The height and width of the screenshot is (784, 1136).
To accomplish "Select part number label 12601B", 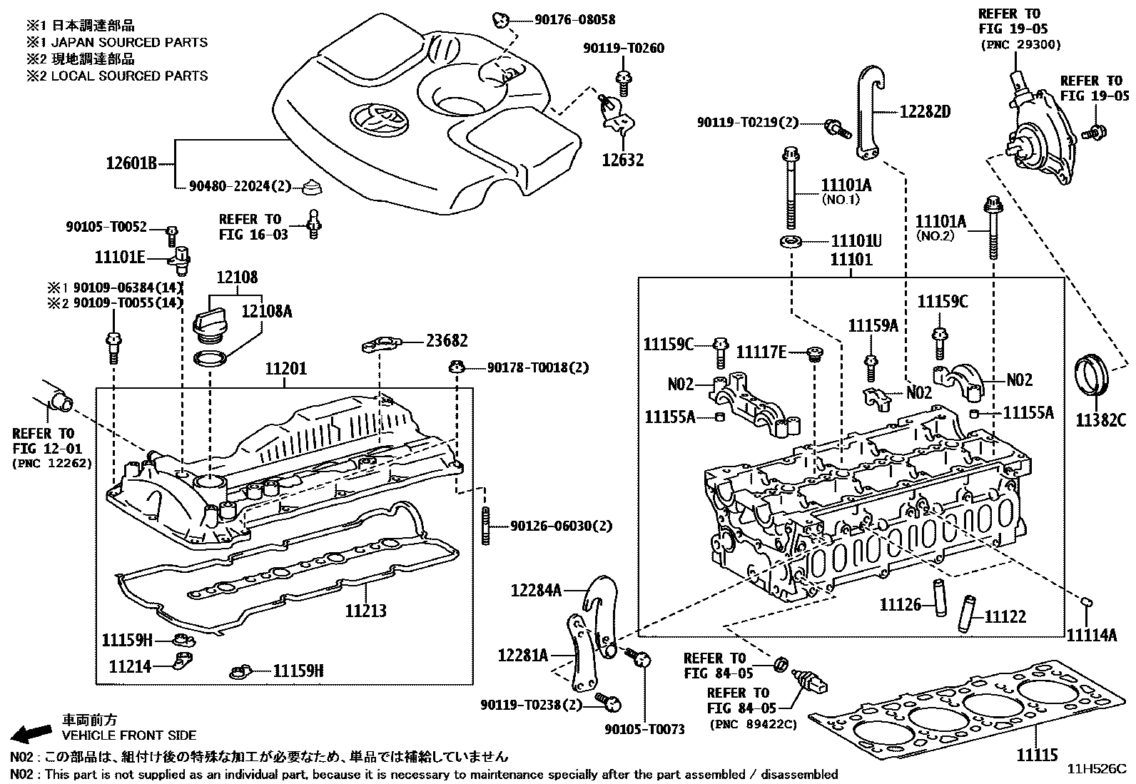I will click(x=131, y=164).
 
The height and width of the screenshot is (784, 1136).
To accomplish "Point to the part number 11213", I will click(x=365, y=611).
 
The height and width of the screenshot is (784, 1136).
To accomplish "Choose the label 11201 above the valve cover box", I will click(x=285, y=369).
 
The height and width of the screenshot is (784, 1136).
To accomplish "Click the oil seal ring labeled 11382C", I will click(x=1091, y=374).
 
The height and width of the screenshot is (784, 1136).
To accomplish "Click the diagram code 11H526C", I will click(x=1096, y=769).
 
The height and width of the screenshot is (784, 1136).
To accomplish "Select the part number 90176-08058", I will click(x=574, y=20).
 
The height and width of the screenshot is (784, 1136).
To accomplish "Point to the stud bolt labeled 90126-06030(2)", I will click(x=486, y=526).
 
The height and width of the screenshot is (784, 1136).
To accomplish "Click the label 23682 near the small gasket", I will click(x=447, y=341).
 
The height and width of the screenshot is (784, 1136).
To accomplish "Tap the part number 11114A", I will click(x=1091, y=633).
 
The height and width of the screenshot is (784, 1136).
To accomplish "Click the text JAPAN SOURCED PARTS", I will click(x=129, y=42).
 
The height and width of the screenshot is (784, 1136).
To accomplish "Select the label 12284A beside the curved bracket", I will click(x=536, y=590).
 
